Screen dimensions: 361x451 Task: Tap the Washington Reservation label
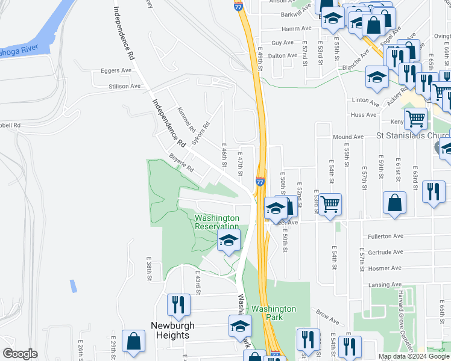(x=216, y=221)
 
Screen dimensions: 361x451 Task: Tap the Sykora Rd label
(x=201, y=134)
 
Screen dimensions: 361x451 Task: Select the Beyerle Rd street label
(x=181, y=164)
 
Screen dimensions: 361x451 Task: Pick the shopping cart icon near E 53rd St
(x=330, y=205)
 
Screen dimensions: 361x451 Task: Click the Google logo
(x=20, y=354)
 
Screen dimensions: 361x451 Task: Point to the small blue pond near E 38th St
(x=74, y=286)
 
